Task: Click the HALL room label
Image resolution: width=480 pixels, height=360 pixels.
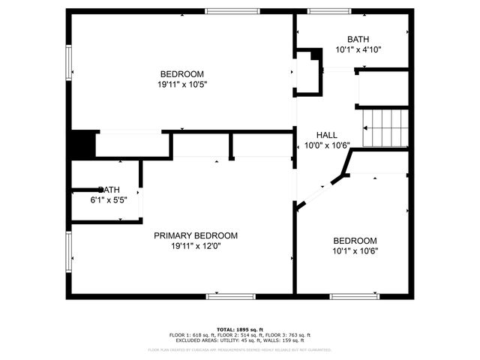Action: (326, 135)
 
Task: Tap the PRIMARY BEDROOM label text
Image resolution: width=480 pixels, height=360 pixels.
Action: (196, 235)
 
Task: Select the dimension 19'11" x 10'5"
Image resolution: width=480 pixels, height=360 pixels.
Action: (182, 85)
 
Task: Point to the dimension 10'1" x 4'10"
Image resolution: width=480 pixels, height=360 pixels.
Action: (358, 50)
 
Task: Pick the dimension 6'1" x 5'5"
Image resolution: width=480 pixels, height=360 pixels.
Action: (109, 200)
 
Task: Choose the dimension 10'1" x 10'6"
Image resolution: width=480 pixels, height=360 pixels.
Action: (355, 251)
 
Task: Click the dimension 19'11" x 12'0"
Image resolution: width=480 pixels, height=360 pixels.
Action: (196, 246)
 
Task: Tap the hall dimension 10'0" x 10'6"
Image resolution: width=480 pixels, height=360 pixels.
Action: (327, 145)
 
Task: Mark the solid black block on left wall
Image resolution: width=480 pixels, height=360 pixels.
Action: (82, 144)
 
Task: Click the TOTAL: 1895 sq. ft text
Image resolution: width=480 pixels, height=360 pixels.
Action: (240, 329)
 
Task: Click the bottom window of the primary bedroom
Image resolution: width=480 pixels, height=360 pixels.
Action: (225, 296)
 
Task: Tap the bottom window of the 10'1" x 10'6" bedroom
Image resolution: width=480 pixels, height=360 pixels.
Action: (352, 296)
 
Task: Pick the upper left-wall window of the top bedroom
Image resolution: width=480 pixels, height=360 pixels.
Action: (69, 60)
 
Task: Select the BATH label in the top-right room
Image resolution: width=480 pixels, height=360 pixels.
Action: (358, 40)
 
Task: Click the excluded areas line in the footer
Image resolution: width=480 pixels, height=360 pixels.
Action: (240, 340)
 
